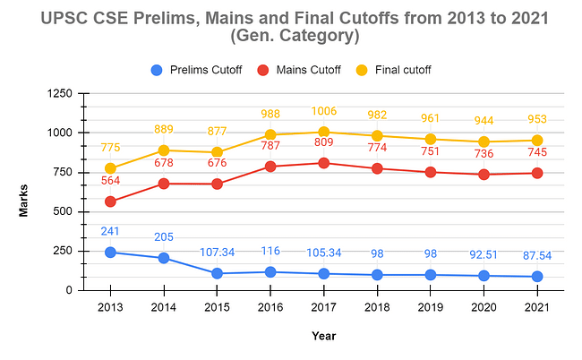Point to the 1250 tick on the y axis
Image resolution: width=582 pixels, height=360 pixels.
coord(59,93)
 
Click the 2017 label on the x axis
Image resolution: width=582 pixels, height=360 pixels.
coord(324,308)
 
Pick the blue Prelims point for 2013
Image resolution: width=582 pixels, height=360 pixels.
coord(110,253)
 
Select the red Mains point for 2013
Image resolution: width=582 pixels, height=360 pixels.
coord(110,201)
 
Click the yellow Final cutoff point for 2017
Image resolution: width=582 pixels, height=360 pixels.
coord(324,132)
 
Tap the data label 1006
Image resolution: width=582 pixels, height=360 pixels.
coord(324,110)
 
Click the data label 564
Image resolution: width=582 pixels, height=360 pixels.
coord(110,180)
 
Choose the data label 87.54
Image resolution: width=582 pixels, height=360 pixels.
coord(537,255)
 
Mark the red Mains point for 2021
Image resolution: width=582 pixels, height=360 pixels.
coord(537,173)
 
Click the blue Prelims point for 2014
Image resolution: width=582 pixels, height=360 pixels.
coord(164,258)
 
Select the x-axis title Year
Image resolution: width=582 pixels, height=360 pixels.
coord(324,336)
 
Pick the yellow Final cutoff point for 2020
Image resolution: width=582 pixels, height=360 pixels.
coord(484,141)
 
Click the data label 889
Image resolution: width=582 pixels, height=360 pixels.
coord(164,130)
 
